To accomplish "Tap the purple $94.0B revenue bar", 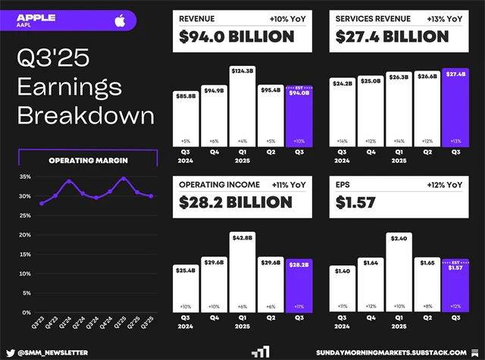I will coord(299,117).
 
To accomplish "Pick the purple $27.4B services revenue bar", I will coord(455,110).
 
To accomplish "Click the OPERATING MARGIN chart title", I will coord(87,160).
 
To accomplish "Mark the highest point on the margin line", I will coord(123,179).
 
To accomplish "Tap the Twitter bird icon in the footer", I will coord(11,352).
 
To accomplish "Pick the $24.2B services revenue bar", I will coord(343,114).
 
